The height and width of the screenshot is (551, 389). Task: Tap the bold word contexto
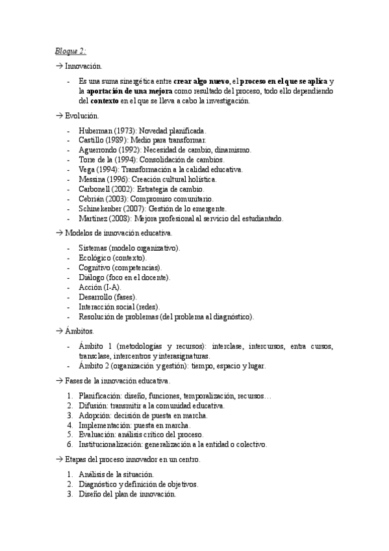[x=104, y=101]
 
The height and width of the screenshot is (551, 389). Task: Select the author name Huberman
[x=95, y=131]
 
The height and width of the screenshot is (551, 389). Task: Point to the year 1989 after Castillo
[x=117, y=140]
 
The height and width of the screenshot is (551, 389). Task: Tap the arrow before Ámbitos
[x=58, y=331]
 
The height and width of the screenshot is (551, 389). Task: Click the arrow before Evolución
[x=58, y=116]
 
